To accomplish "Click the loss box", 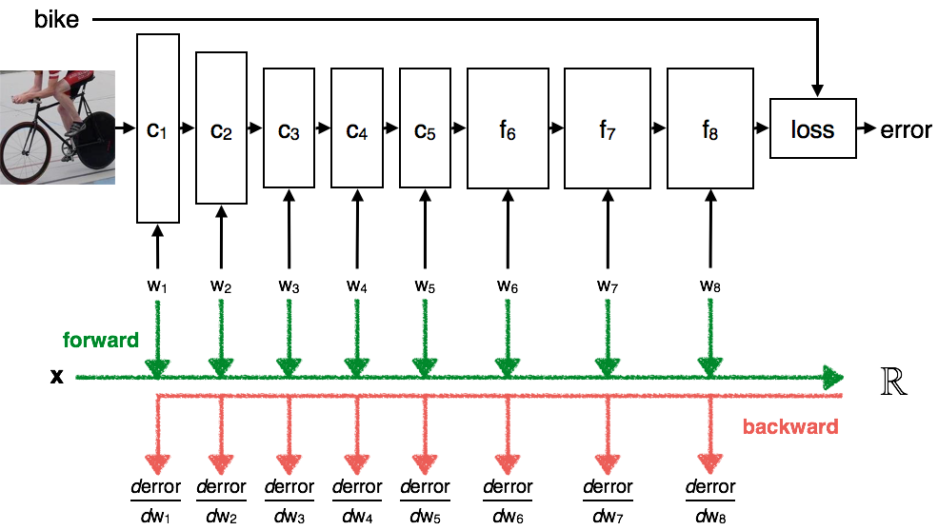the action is pyautogui.click(x=812, y=128).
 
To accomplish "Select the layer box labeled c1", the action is pyautogui.click(x=158, y=128).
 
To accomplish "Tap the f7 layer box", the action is pyautogui.click(x=608, y=128).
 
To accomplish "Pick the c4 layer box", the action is pyautogui.click(x=357, y=128).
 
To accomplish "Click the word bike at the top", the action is pyautogui.click(x=56, y=19).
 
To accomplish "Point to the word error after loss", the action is pyautogui.click(x=906, y=129).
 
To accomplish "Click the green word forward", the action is pyautogui.click(x=101, y=340).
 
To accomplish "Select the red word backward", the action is pyautogui.click(x=790, y=426).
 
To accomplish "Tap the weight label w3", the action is pyautogui.click(x=289, y=286).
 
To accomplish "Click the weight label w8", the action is pyautogui.click(x=710, y=286).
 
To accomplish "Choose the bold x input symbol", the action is pyautogui.click(x=57, y=377).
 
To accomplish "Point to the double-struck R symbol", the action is pyautogui.click(x=894, y=382).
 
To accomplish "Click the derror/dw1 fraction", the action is pyautogui.click(x=155, y=501).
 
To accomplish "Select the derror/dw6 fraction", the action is pyautogui.click(x=508, y=501).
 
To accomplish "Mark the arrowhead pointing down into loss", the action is pyautogui.click(x=817, y=90).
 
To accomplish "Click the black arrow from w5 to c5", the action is pyautogui.click(x=426, y=229).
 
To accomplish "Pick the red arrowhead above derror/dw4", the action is pyautogui.click(x=357, y=463).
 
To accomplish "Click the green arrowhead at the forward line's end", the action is pyautogui.click(x=833, y=377).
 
